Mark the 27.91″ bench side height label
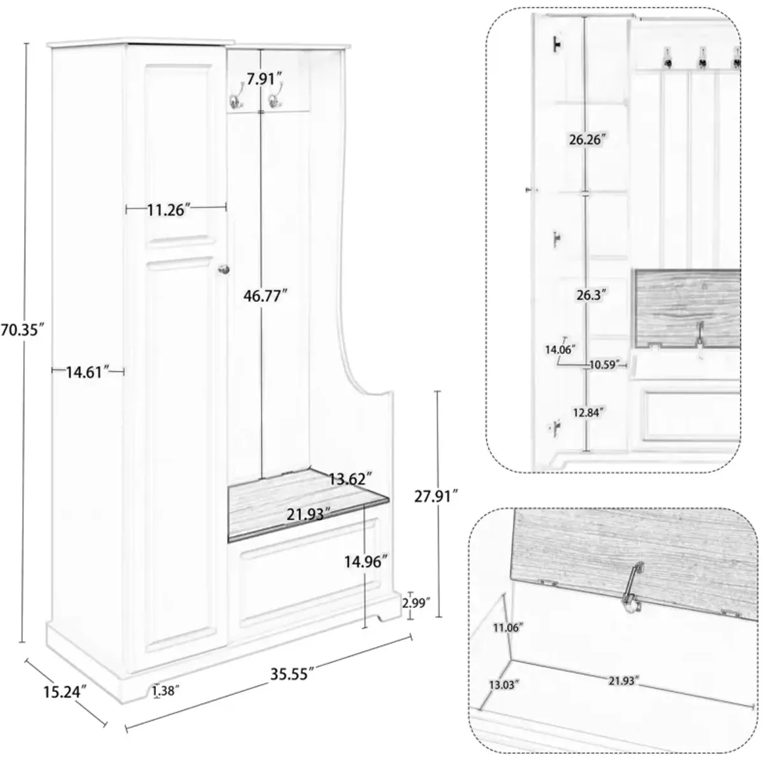point(435,497)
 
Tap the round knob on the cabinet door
point(223,270)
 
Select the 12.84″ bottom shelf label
point(587,412)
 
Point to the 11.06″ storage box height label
point(507,628)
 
